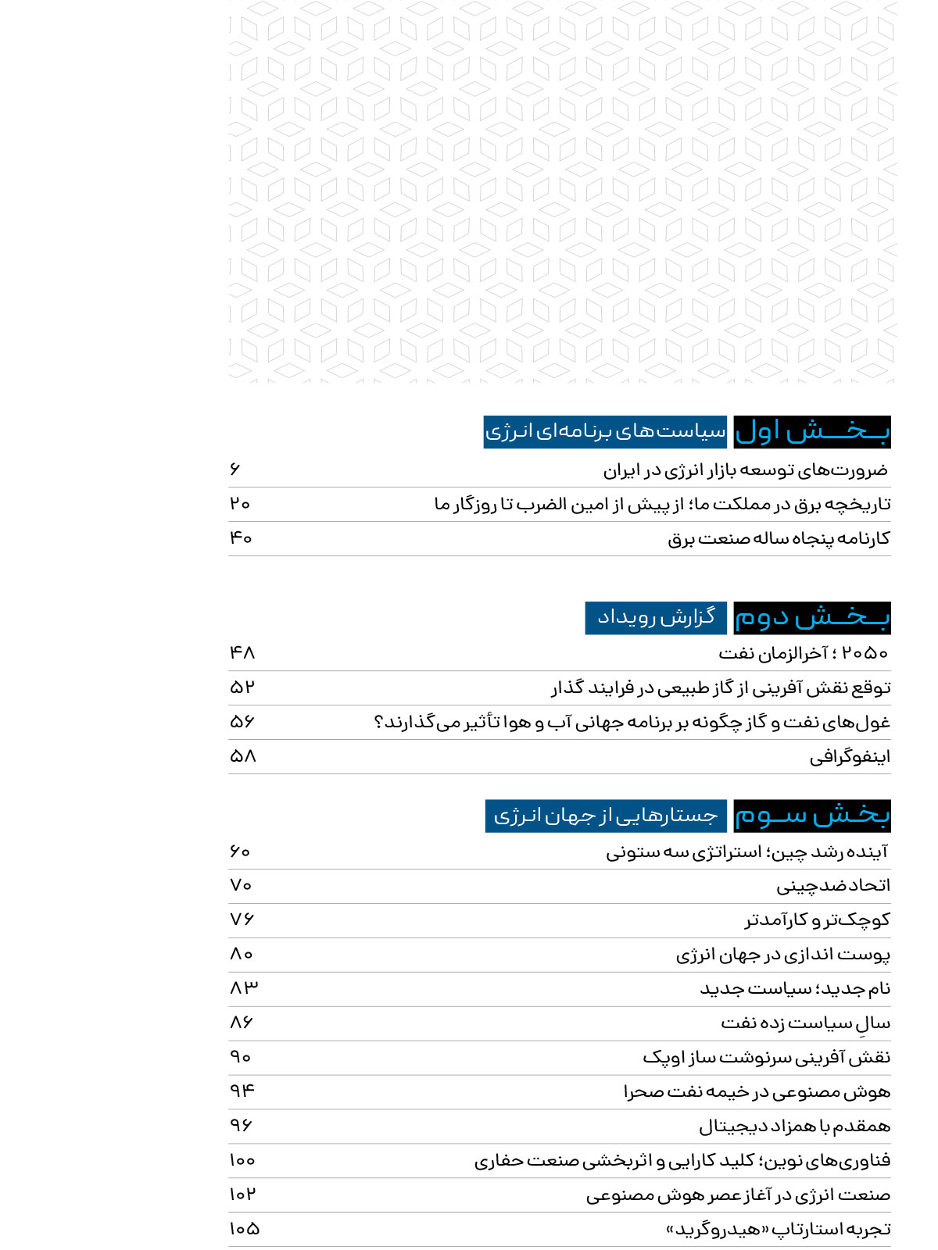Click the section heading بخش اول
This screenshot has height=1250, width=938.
pyautogui.click(x=812, y=431)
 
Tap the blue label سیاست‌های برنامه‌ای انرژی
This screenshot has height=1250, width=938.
pyautogui.click(x=605, y=431)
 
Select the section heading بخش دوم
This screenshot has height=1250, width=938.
pyautogui.click(x=812, y=617)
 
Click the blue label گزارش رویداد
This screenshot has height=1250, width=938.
pyautogui.click(x=656, y=617)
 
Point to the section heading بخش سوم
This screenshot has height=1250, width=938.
pyautogui.click(x=812, y=816)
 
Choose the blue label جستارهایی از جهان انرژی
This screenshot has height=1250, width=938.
pyautogui.click(x=606, y=816)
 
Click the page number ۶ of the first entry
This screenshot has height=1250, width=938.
pyautogui.click(x=235, y=469)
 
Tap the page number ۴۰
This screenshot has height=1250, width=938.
pyautogui.click(x=241, y=537)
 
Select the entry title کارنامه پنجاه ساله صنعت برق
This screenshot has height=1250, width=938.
pyautogui.click(x=779, y=538)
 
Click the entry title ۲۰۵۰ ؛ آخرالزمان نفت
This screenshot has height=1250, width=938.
pyautogui.click(x=804, y=652)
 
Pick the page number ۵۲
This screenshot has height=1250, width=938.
pyautogui.click(x=242, y=687)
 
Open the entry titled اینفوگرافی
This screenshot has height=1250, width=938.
pyautogui.click(x=850, y=756)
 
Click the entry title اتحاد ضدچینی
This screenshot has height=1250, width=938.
pyautogui.click(x=833, y=885)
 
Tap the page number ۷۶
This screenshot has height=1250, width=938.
pyautogui.click(x=242, y=919)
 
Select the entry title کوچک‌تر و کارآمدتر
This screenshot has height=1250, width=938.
pyautogui.click(x=817, y=920)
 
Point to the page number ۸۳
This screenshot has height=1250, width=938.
pyautogui.click(x=243, y=987)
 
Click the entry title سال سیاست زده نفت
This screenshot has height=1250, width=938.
pyautogui.click(x=805, y=1023)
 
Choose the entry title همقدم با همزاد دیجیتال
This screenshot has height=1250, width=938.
pyautogui.click(x=794, y=1126)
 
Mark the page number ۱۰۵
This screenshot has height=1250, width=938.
pyautogui.click(x=244, y=1228)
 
